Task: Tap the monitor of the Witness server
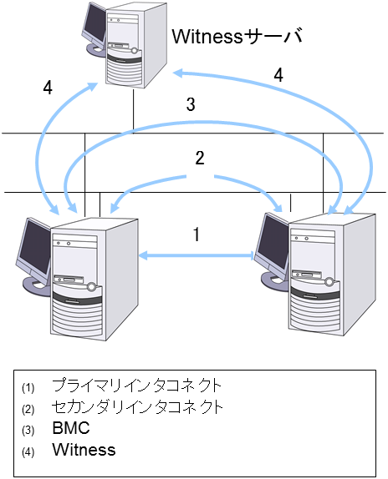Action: (93, 27)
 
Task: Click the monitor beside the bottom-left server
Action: (32, 250)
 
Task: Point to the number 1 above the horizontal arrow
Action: (196, 234)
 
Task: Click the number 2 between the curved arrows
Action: (199, 159)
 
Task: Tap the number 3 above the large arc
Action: (191, 105)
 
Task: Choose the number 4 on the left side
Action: (48, 88)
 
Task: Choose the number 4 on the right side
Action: (278, 74)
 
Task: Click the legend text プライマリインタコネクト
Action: (136, 386)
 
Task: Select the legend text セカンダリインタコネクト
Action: (137, 408)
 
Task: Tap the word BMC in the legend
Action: (69, 429)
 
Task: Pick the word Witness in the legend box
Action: (84, 450)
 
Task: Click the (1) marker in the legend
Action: (28, 388)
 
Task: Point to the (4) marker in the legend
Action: (28, 451)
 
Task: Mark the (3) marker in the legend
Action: (28, 431)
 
